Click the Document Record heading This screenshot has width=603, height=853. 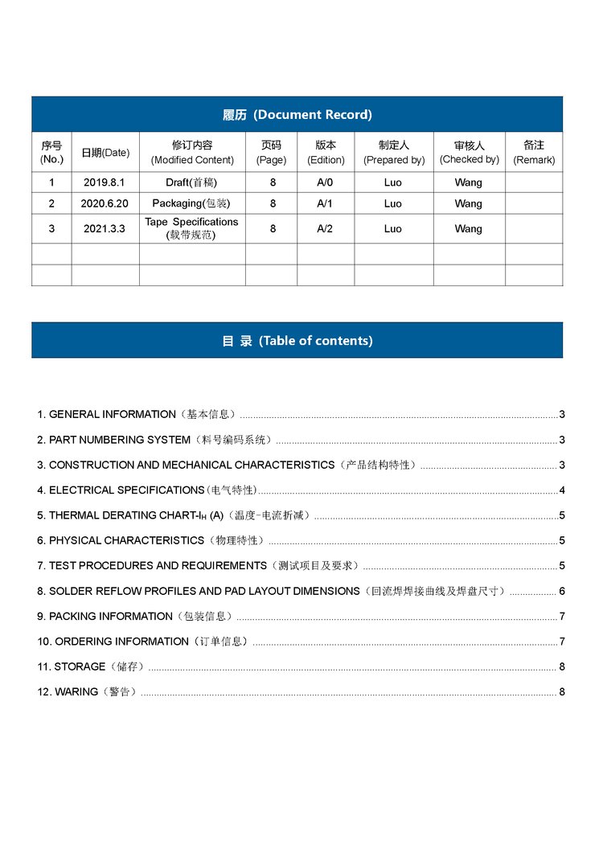pyautogui.click(x=297, y=114)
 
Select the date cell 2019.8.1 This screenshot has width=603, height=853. pyautogui.click(x=105, y=182)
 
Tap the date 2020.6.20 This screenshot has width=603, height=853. pyautogui.click(x=105, y=203)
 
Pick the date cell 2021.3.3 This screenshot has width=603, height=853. pyautogui.click(x=105, y=228)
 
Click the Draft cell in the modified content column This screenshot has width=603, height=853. pyautogui.click(x=191, y=182)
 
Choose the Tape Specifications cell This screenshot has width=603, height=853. pyautogui.click(x=191, y=228)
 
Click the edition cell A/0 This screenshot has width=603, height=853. pyautogui.click(x=325, y=182)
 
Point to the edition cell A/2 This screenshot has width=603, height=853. pyautogui.click(x=325, y=228)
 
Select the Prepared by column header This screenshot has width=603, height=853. pyautogui.click(x=394, y=152)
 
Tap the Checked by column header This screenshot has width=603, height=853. pyautogui.click(x=469, y=152)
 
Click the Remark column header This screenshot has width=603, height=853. pyautogui.click(x=534, y=152)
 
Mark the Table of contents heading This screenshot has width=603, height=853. pyautogui.click(x=297, y=340)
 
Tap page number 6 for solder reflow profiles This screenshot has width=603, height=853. pyautogui.click(x=562, y=591)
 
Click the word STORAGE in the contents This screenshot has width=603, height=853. pyautogui.click(x=80, y=666)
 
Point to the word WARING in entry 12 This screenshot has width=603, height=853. pyautogui.click(x=76, y=691)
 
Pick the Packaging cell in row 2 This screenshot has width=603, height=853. pyautogui.click(x=191, y=203)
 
